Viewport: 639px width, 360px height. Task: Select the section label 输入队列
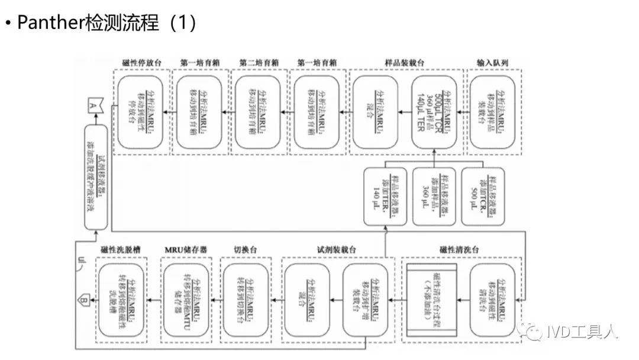pos(492,63)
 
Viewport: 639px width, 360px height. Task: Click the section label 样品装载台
pos(405,63)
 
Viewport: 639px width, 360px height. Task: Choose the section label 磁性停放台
pos(141,63)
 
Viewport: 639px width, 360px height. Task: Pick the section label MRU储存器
pos(186,251)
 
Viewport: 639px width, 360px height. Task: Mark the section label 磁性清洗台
pos(460,251)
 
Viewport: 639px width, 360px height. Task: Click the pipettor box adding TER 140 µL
pos(386,197)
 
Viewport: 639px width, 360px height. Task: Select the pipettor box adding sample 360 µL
pos(434,197)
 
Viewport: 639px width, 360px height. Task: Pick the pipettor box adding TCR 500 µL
pos(482,197)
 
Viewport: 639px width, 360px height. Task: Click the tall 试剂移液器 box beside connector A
pos(96,178)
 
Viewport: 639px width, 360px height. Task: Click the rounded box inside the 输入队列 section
pos(493,112)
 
